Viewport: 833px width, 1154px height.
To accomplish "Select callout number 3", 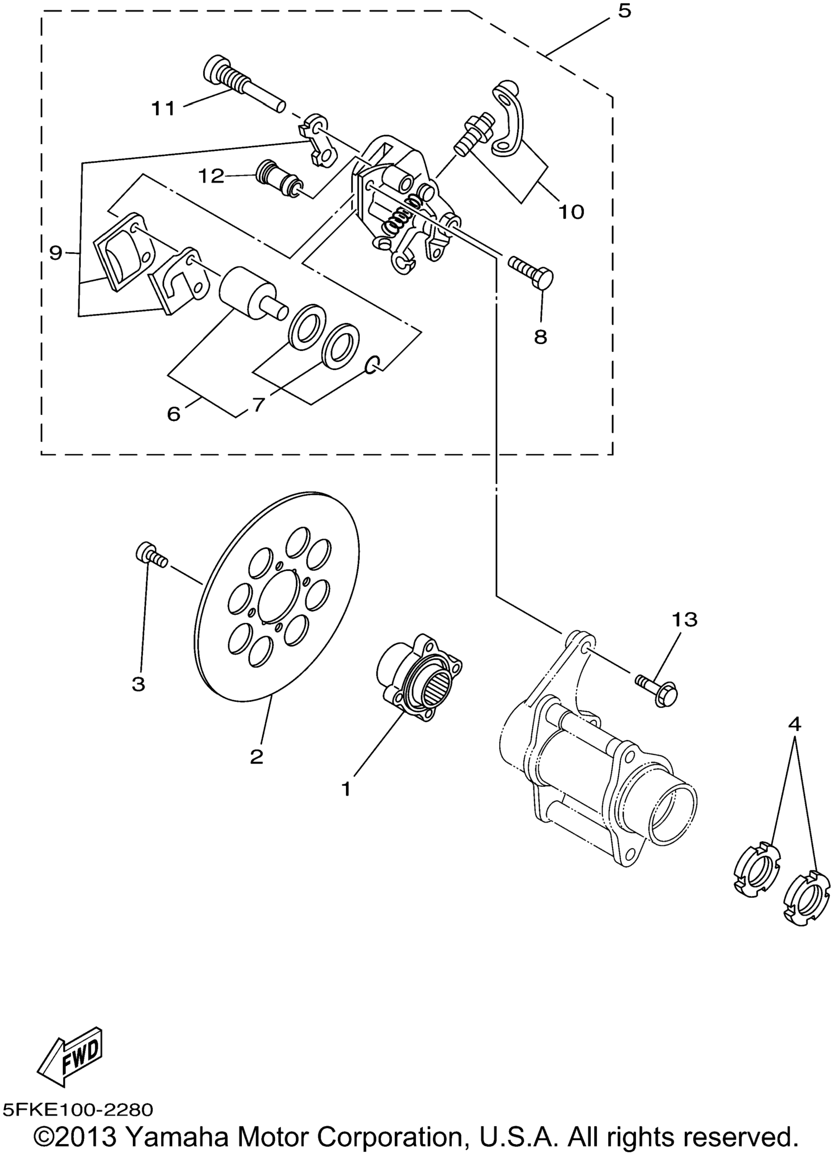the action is (x=138, y=685).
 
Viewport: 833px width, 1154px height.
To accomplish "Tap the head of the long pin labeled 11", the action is (x=218, y=67).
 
